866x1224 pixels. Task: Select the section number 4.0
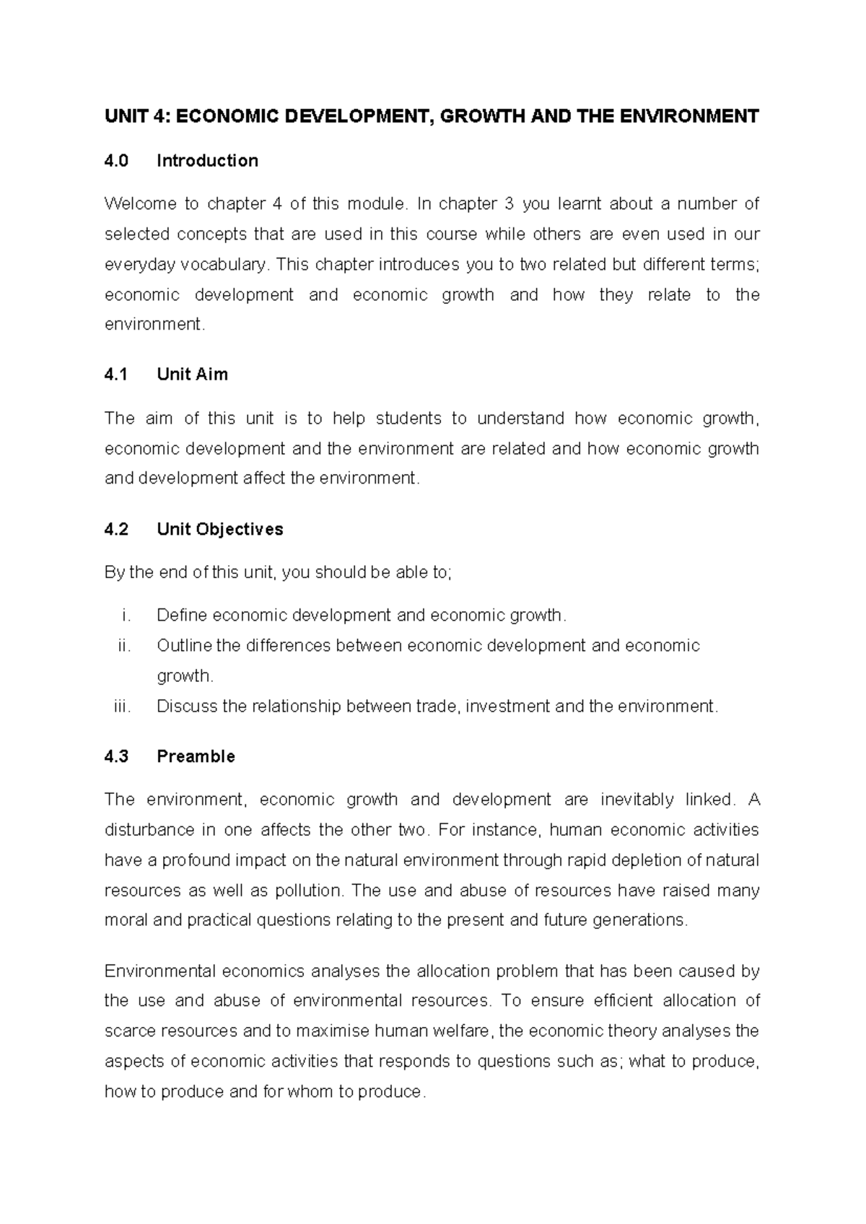(x=116, y=161)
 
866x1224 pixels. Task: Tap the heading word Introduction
(x=207, y=161)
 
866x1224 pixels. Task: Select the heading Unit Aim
(x=192, y=375)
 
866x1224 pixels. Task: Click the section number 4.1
(x=115, y=375)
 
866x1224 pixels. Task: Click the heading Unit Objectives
(x=219, y=530)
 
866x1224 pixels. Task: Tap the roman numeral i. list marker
(x=127, y=616)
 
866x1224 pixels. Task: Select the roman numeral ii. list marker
(x=125, y=646)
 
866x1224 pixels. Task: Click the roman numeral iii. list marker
(x=123, y=707)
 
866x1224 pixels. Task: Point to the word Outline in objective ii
(x=183, y=646)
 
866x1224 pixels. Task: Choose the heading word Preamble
(x=196, y=757)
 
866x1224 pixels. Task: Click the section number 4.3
(x=116, y=757)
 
